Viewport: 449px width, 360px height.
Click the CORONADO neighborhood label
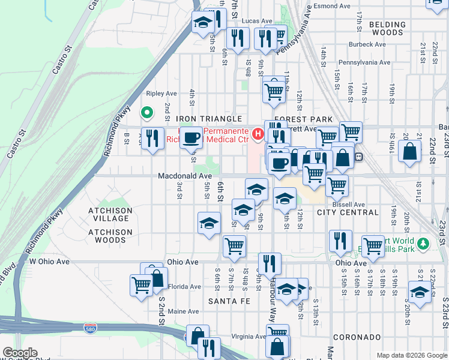[357, 337]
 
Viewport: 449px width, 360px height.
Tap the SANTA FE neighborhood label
[226, 300]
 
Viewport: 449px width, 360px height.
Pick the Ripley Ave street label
[162, 94]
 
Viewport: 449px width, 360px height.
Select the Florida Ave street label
[183, 287]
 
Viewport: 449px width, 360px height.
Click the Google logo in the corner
[20, 353]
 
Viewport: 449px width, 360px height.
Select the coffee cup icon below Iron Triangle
[191, 137]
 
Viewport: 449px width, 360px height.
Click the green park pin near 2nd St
[146, 113]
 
